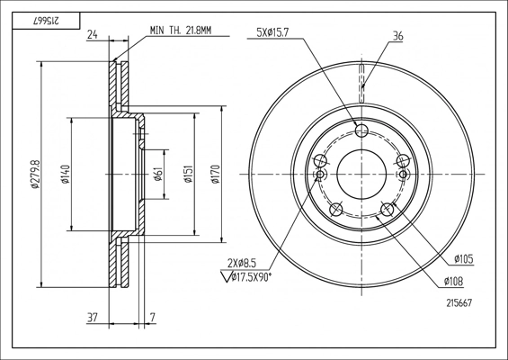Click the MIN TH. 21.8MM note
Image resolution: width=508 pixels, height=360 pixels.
pyautogui.click(x=181, y=31)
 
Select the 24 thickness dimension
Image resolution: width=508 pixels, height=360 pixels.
pyautogui.click(x=93, y=34)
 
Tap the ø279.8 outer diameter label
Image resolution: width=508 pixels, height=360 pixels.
pyautogui.click(x=35, y=175)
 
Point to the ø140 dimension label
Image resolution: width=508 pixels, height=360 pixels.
pyautogui.click(x=66, y=175)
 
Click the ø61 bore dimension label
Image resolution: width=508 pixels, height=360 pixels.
pyautogui.click(x=157, y=175)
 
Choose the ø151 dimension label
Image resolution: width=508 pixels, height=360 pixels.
pyautogui.click(x=189, y=175)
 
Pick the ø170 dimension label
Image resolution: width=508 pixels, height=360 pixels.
pyautogui.click(x=216, y=175)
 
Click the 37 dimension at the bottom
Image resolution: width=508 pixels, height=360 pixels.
pyautogui.click(x=93, y=317)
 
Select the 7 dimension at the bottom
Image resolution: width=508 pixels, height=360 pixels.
pyautogui.click(x=153, y=317)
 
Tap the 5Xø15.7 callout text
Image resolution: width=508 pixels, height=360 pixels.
pyautogui.click(x=272, y=32)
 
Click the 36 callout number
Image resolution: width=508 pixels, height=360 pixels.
pyautogui.click(x=397, y=36)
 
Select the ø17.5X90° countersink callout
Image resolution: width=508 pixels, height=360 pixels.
pyautogui.click(x=246, y=277)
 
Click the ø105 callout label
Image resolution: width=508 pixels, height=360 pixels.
pyautogui.click(x=464, y=259)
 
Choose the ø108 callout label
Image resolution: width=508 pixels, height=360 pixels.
pyautogui.click(x=453, y=282)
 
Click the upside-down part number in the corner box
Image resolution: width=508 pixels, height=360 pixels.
pyautogui.click(x=46, y=21)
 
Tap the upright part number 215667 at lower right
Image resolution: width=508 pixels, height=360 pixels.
pyautogui.click(x=459, y=303)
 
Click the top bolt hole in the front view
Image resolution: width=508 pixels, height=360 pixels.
pyautogui.click(x=361, y=131)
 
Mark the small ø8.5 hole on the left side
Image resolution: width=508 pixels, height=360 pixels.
pyautogui.click(x=320, y=175)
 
